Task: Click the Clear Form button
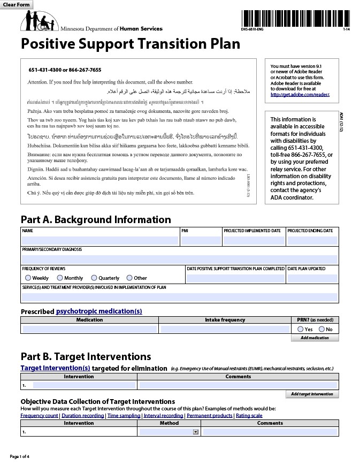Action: pyautogui.click(x=17, y=5)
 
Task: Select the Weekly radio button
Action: pyautogui.click(x=28, y=278)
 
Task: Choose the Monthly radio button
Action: pyautogui.click(x=60, y=278)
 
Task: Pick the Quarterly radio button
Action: pyautogui.click(x=94, y=278)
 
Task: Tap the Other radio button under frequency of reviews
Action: pyautogui.click(x=129, y=278)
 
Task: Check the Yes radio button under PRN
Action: pyautogui.click(x=301, y=329)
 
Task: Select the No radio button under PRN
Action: pyautogui.click(x=321, y=329)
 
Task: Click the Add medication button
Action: pyautogui.click(x=315, y=338)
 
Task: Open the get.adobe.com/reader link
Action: pyautogui.click(x=300, y=95)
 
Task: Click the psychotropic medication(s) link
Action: pyautogui.click(x=99, y=311)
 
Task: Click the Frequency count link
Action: pyautogui.click(x=39, y=415)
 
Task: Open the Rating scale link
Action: pyautogui.click(x=249, y=415)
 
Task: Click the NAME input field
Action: pyautogui.click(x=99, y=241)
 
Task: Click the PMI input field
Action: pyautogui.click(x=201, y=241)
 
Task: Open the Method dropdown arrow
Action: pyautogui.click(x=195, y=431)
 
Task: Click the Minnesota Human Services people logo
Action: pyautogui.click(x=39, y=21)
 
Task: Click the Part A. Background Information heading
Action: pyautogui.click(x=96, y=219)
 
